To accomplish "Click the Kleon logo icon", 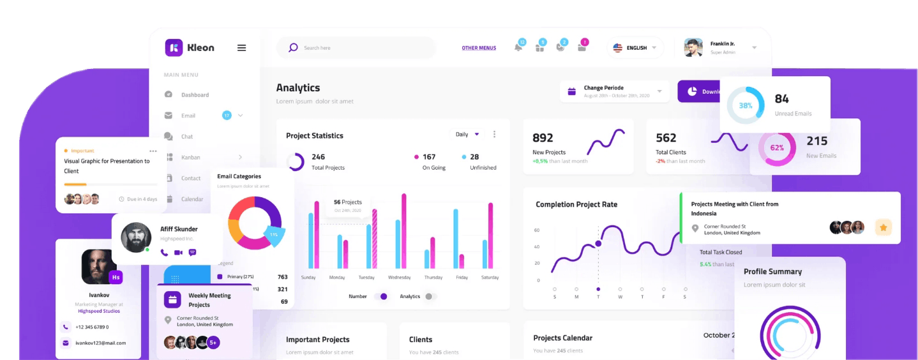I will [174, 48].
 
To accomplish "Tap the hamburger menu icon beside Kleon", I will [241, 48].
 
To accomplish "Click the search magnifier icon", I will [293, 48].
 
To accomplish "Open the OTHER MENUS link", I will [479, 48].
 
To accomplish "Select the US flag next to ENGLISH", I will [617, 48].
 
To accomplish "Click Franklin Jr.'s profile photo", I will [693, 48].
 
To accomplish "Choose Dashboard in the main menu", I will [195, 95].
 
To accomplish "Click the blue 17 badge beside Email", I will [227, 116].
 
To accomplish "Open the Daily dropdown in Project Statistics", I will [467, 135].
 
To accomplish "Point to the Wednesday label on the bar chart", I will [399, 278].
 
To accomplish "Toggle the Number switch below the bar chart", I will [381, 296].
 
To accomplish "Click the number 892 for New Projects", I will [543, 138].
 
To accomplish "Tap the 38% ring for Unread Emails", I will [746, 105].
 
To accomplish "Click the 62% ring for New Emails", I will [777, 147].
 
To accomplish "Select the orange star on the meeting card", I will [884, 227].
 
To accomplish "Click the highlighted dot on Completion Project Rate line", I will [598, 243].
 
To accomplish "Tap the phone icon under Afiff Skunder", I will [164, 253].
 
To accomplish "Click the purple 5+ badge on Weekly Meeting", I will [213, 343].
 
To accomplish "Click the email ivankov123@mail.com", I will [100, 343].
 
